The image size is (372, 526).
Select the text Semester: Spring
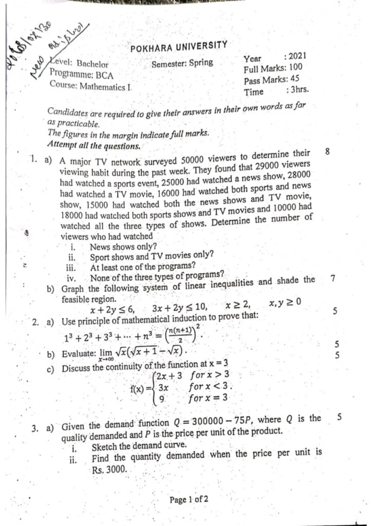(x=182, y=64)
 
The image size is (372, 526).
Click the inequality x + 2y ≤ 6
(x=111, y=309)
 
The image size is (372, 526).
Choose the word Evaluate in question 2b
(x=79, y=354)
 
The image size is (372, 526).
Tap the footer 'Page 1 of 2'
(x=189, y=499)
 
